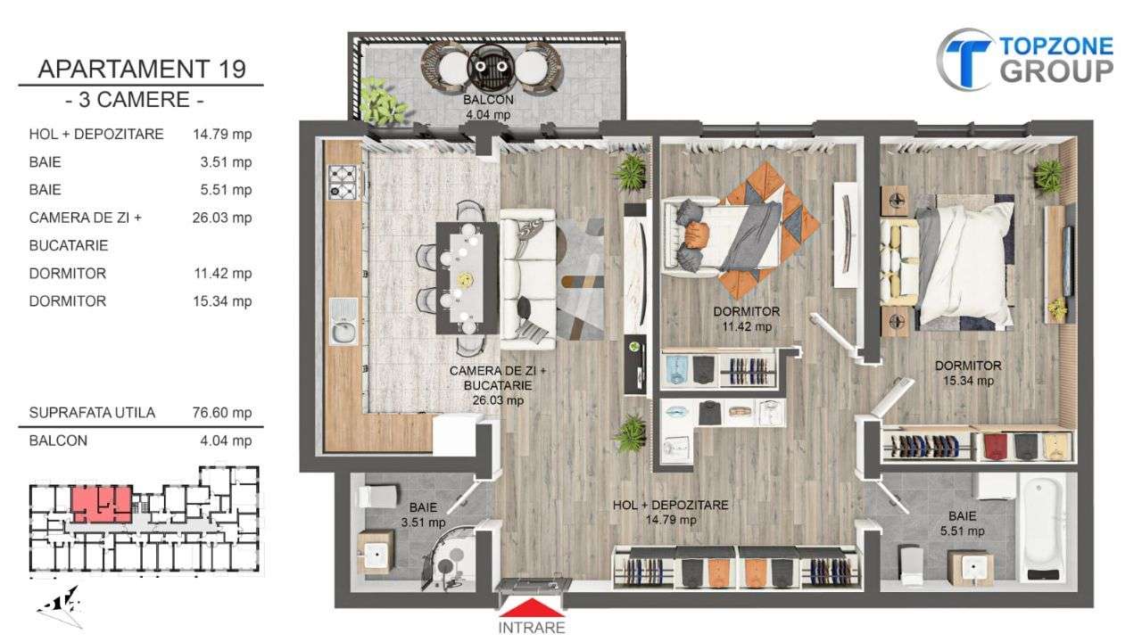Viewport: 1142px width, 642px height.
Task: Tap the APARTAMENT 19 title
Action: pyautogui.click(x=141, y=69)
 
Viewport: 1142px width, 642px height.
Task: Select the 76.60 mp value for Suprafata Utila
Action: pyautogui.click(x=222, y=413)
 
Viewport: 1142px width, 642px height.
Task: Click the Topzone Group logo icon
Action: pyautogui.click(x=965, y=59)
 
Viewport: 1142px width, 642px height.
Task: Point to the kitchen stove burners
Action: pyautogui.click(x=342, y=181)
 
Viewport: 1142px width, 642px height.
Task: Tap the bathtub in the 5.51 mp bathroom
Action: pyautogui.click(x=1042, y=530)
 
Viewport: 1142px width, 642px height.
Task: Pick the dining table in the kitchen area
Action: pyautogui.click(x=467, y=276)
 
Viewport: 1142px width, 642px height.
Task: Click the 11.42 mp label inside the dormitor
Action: pyautogui.click(x=747, y=326)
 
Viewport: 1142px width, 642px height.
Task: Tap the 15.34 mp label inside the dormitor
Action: pyautogui.click(x=968, y=381)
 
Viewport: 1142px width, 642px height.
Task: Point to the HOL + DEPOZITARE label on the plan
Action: pyautogui.click(x=670, y=506)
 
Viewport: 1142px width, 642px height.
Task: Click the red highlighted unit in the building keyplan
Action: pyautogui.click(x=101, y=504)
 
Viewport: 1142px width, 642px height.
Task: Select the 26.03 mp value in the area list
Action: pyautogui.click(x=222, y=218)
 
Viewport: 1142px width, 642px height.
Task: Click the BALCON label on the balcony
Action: pyautogui.click(x=487, y=100)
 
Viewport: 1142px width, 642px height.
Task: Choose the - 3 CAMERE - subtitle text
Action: pyautogui.click(x=141, y=99)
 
